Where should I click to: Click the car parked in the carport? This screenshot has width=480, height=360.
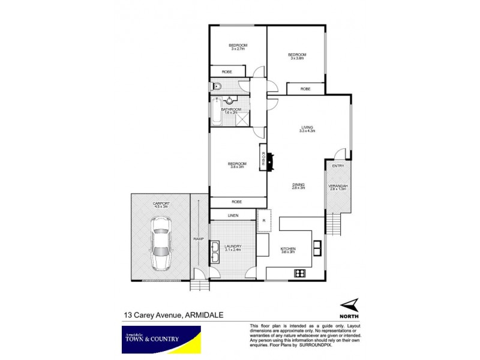pos(160,242)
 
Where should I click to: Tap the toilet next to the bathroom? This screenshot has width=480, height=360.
pos(217,87)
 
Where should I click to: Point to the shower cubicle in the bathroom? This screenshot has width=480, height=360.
pos(242,118)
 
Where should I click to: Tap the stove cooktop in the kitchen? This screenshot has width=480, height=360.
pos(300,274)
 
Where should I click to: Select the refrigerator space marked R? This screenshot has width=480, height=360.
pos(265,220)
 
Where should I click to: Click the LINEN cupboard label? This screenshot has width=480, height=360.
pos(233,215)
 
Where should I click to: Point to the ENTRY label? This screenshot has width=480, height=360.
pos(338,166)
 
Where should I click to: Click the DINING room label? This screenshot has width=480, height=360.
pos(299,186)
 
